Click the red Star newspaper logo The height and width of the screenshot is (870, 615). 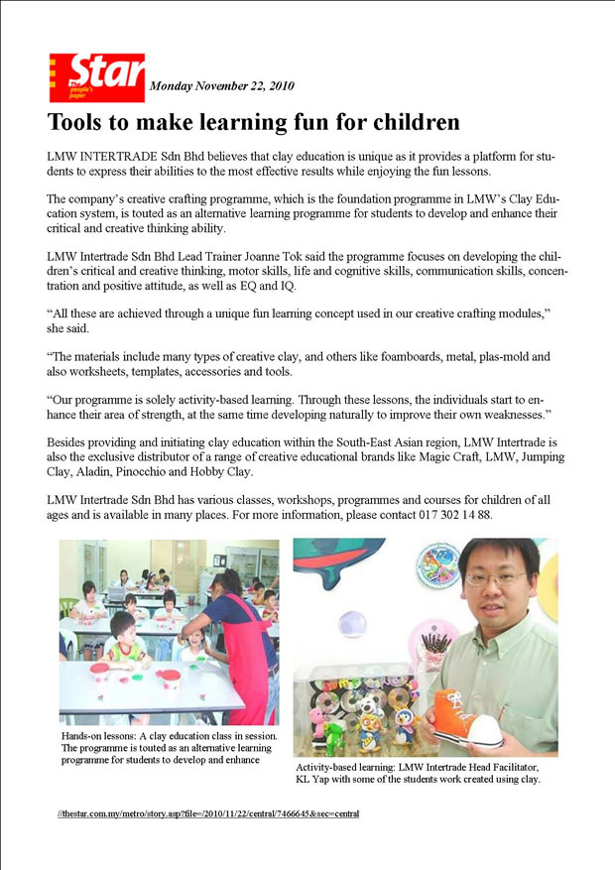coord(96,77)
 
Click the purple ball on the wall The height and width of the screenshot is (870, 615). coord(350,623)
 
